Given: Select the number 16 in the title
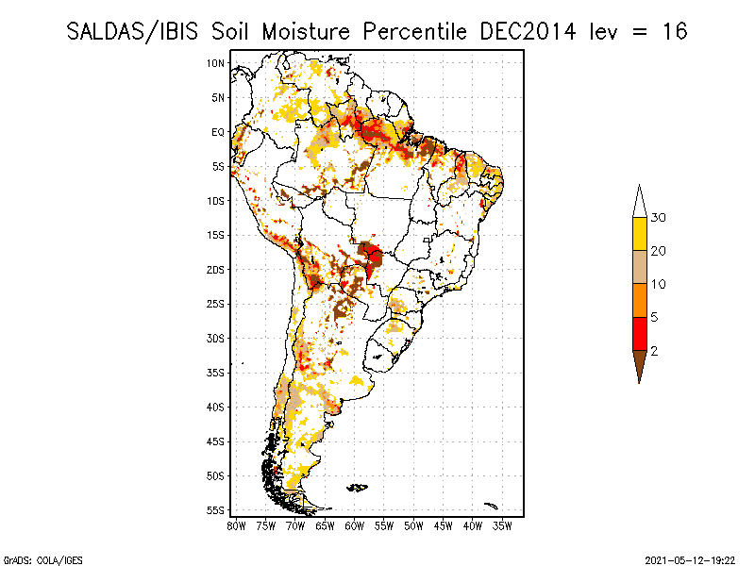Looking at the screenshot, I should (673, 31).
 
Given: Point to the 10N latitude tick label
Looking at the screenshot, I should (216, 63).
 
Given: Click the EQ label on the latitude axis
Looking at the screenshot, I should (218, 132).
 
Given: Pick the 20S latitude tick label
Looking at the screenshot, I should (216, 270).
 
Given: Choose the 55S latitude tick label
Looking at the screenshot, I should (216, 510).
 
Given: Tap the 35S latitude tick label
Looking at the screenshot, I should (216, 373).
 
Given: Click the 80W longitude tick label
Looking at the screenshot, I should (237, 524).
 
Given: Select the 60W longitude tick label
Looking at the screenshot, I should (355, 524).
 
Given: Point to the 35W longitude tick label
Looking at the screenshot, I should (503, 524).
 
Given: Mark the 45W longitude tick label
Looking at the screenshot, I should (444, 524).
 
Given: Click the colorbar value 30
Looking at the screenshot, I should (660, 218).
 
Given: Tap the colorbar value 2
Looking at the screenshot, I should (654, 351).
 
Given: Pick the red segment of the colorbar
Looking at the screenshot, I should (639, 333).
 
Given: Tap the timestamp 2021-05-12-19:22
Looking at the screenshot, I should (690, 558).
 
